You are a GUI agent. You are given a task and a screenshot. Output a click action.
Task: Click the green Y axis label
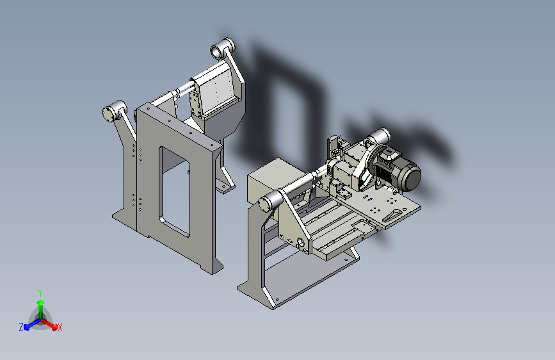pos(40,293)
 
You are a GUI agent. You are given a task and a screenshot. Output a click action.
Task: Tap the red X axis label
pos(60,327)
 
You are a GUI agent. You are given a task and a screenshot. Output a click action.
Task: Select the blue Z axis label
pos(21,327)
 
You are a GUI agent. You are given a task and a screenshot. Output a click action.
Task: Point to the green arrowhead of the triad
pos(41,302)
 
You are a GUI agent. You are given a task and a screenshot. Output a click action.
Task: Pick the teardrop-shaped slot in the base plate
pos(392,215)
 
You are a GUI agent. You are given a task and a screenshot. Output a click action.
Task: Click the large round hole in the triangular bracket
pos(301,243)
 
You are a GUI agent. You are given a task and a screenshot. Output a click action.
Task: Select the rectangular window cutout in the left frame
pos(174,192)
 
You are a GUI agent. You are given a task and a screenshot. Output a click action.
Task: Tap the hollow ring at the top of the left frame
pos(216,52)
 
